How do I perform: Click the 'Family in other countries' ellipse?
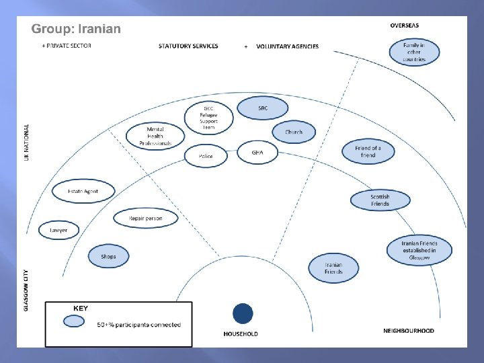414,52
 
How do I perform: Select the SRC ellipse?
262,108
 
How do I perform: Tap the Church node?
294,132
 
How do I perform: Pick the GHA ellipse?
257,153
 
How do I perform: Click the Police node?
206,156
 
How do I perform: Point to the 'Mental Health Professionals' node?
155,136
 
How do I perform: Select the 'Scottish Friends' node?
380,200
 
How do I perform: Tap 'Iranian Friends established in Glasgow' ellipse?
419,250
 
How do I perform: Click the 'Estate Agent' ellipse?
83,191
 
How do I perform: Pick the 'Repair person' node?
146,218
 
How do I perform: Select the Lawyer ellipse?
58,230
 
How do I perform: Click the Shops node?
108,256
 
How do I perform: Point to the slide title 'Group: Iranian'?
77,29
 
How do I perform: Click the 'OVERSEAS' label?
405,26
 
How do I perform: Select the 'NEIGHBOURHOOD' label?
409,331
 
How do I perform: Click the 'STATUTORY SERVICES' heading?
188,46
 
